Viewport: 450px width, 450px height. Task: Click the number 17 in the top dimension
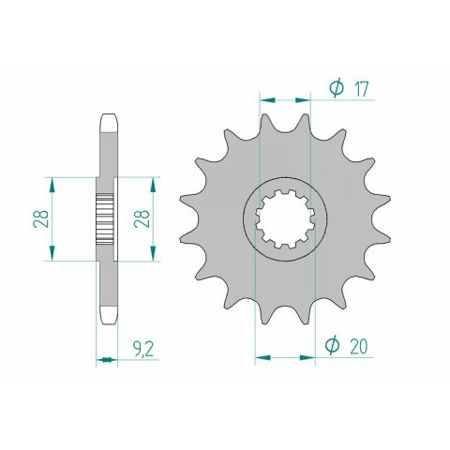click(361, 89)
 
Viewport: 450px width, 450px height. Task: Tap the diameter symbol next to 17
click(337, 89)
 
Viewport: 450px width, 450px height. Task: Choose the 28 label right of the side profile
click(141, 218)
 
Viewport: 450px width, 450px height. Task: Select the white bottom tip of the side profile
click(106, 316)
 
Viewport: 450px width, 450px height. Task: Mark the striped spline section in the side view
click(106, 218)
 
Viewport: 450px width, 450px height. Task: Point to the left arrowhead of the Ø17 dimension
click(264, 97)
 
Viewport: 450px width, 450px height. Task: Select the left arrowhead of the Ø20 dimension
click(257, 356)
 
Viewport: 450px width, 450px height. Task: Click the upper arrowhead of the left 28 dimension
click(55, 180)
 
